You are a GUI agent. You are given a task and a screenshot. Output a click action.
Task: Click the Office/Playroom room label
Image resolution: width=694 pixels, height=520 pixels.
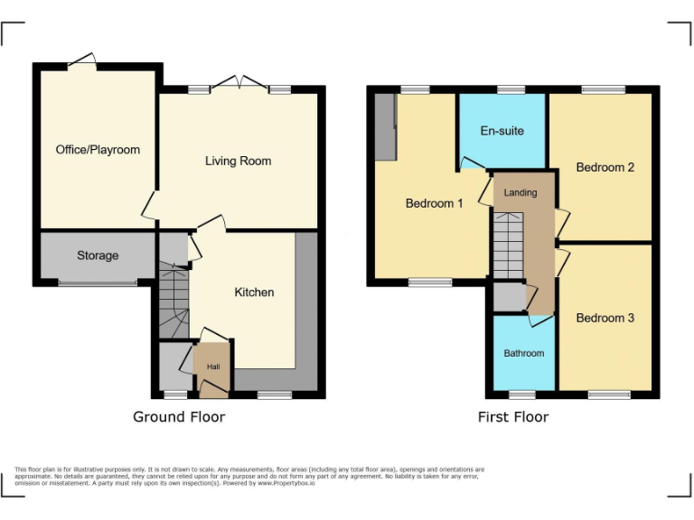click(98, 150)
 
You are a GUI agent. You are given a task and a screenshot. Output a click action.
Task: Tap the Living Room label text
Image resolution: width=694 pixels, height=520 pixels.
click(238, 162)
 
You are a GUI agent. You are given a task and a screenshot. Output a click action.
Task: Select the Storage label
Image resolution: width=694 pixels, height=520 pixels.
click(98, 255)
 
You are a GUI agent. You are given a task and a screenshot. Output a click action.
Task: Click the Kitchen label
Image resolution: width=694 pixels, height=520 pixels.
click(254, 292)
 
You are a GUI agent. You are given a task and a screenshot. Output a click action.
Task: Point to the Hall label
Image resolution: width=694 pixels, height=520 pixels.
click(213, 367)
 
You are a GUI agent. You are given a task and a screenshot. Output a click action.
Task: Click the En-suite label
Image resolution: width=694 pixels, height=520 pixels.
click(502, 132)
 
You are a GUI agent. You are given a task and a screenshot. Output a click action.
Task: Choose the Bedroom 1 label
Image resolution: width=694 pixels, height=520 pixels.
click(434, 204)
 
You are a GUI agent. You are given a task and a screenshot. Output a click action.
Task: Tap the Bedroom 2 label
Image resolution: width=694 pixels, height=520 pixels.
click(605, 168)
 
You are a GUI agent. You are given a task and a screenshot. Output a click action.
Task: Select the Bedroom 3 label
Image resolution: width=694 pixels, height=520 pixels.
click(605, 318)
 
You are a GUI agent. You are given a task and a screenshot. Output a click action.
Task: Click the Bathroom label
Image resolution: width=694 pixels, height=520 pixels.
click(524, 353)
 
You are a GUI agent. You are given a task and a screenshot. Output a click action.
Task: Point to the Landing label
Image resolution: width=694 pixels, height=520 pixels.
click(520, 193)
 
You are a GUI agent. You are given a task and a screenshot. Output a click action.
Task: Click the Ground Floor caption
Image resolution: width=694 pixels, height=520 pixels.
click(179, 417)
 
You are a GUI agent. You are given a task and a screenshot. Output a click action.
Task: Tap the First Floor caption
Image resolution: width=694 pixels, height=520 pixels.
click(513, 417)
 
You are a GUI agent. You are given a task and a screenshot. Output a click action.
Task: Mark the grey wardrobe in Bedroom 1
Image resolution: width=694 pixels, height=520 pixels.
click(385, 125)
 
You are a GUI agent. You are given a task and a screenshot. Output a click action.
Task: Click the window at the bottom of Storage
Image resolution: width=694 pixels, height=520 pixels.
click(98, 283)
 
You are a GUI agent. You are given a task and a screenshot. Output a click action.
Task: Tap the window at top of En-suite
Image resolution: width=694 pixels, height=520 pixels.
click(511, 90)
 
